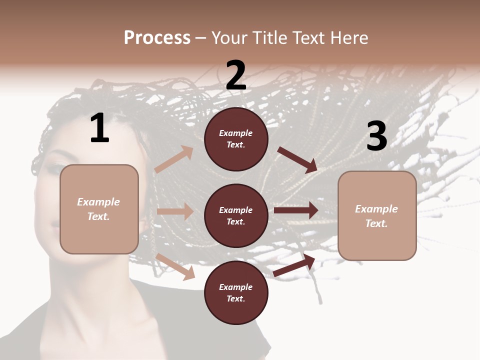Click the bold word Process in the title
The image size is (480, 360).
157,38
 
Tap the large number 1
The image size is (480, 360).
99,128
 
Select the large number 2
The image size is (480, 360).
236,76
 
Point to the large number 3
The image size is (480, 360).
376,136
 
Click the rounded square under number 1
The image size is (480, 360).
99,209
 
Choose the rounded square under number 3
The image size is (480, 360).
377,215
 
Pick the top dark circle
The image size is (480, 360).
236,139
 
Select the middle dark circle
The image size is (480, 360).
236,215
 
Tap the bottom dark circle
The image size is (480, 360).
236,292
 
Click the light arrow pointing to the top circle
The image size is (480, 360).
174,159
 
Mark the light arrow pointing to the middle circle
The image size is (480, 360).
175,211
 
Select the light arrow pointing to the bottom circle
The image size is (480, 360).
175,266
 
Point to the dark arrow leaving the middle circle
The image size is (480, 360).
296,210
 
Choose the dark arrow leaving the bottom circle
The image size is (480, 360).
294,265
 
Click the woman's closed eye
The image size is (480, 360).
54,169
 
